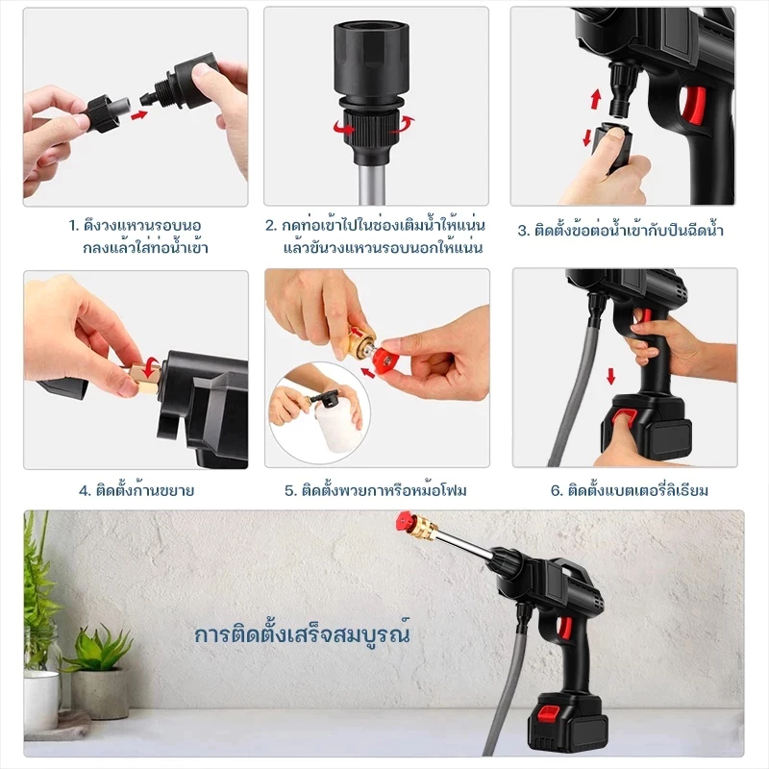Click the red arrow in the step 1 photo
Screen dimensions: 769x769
[139, 115]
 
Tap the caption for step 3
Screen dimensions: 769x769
[620, 230]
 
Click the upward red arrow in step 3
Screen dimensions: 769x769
[596, 99]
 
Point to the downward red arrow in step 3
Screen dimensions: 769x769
[587, 136]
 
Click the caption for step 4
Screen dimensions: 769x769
[136, 490]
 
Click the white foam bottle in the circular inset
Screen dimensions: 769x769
[338, 428]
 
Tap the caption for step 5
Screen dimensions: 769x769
[376, 490]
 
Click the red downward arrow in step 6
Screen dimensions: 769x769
[611, 376]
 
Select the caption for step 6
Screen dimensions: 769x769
[630, 490]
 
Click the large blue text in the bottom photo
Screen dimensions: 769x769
[302, 634]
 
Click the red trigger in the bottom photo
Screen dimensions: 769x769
[565, 629]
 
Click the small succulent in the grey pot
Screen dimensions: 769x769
[99, 650]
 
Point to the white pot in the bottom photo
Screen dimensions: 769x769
[41, 701]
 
